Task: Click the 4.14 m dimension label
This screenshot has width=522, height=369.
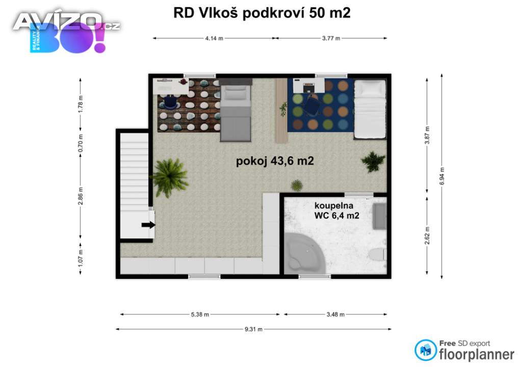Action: pos(214,38)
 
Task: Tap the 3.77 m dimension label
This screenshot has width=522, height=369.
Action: pos(331,38)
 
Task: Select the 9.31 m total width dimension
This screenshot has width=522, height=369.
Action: pos(253,329)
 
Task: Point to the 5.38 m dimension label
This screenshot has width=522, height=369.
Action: pos(200,314)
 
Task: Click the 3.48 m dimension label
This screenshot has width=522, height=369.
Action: pos(335,314)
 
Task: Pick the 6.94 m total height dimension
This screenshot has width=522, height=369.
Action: pos(442,176)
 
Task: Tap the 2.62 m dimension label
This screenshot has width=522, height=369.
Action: pos(427,235)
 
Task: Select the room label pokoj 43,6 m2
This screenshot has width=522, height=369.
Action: pos(274,161)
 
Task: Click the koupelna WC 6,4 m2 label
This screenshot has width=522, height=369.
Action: pos(336,210)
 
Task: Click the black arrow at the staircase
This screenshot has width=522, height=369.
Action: pos(148,225)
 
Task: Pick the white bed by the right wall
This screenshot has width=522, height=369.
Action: pos(370,109)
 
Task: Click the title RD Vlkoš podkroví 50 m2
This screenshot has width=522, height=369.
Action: pos(262,13)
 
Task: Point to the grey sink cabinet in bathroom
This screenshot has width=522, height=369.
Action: pos(380,216)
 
